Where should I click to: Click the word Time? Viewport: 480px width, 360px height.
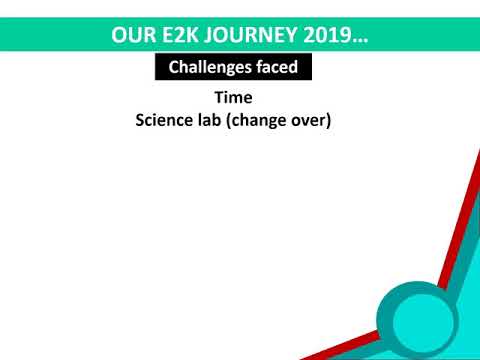click(x=233, y=99)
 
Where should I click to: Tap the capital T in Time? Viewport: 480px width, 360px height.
click(x=219, y=99)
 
